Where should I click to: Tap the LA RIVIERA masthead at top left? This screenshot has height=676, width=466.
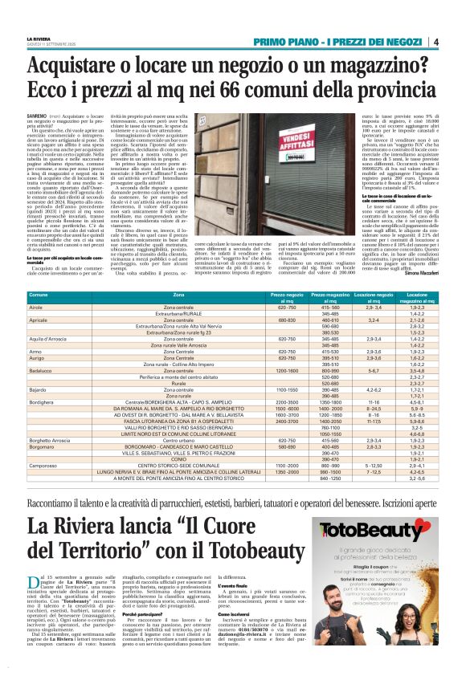pos(43,38)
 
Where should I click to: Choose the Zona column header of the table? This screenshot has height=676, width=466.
pos(178,296)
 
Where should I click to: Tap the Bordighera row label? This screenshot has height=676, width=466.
pos(42,401)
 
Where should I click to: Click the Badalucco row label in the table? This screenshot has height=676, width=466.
pos(42,371)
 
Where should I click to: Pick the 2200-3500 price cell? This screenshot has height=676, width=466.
pos(287,401)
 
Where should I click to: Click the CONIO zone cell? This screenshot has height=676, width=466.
pos(178,458)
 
